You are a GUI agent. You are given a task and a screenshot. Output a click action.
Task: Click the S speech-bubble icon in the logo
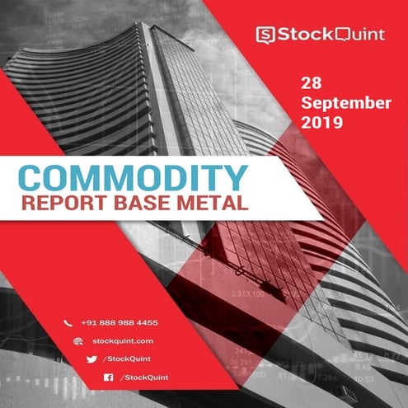pos(265,34)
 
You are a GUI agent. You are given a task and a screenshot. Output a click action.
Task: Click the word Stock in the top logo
pos(299,34)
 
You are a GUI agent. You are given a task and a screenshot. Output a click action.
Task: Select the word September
pos(345,103)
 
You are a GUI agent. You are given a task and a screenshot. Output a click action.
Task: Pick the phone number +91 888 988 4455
pos(120,323)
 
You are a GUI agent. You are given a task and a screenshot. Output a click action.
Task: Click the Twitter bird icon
pos(91,359)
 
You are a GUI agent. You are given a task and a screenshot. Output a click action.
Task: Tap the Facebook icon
pos(107,377)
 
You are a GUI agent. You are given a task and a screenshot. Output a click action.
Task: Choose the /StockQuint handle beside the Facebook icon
pos(145,377)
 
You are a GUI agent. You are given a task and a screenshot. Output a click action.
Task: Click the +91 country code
pos(91,323)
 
